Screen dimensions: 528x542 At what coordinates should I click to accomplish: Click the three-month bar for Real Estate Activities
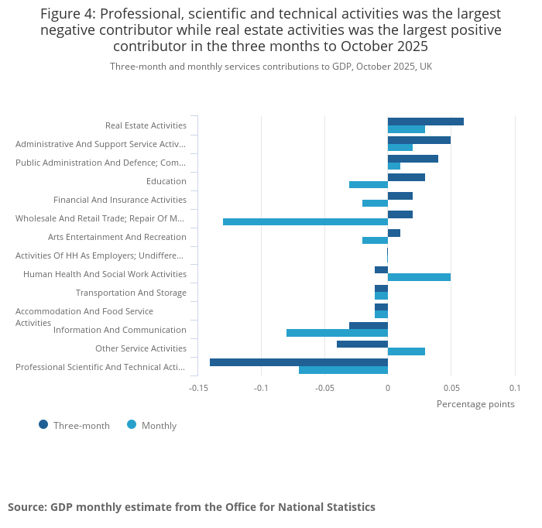pos(425,122)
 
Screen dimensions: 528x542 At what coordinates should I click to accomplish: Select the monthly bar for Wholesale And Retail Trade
pos(305,222)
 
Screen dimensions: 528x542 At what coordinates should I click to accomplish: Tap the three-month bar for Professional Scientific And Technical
pos(298,362)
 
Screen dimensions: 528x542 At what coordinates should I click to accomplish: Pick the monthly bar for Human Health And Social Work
pos(419,277)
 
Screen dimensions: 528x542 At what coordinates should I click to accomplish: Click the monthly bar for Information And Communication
pos(337,333)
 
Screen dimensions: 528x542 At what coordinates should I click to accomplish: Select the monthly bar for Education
pos(368,185)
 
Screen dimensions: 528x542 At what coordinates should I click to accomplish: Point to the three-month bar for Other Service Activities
pos(362,344)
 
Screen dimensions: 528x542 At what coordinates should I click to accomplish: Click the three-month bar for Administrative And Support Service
pos(419,140)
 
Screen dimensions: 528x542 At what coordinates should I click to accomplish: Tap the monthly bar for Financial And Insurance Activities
pos(375,204)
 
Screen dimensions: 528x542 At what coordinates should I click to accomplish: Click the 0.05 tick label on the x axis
pos(451,388)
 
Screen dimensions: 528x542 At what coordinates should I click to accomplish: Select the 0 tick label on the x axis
pos(387,388)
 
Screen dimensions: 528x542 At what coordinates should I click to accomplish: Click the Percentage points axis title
pos(475,403)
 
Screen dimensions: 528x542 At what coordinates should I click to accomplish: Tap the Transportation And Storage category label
pos(131,293)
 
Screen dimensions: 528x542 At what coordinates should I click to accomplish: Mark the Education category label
pos(166,181)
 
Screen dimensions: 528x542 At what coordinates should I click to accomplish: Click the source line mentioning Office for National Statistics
pos(191,507)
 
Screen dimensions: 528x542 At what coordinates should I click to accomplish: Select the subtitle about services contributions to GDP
pos(271,67)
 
